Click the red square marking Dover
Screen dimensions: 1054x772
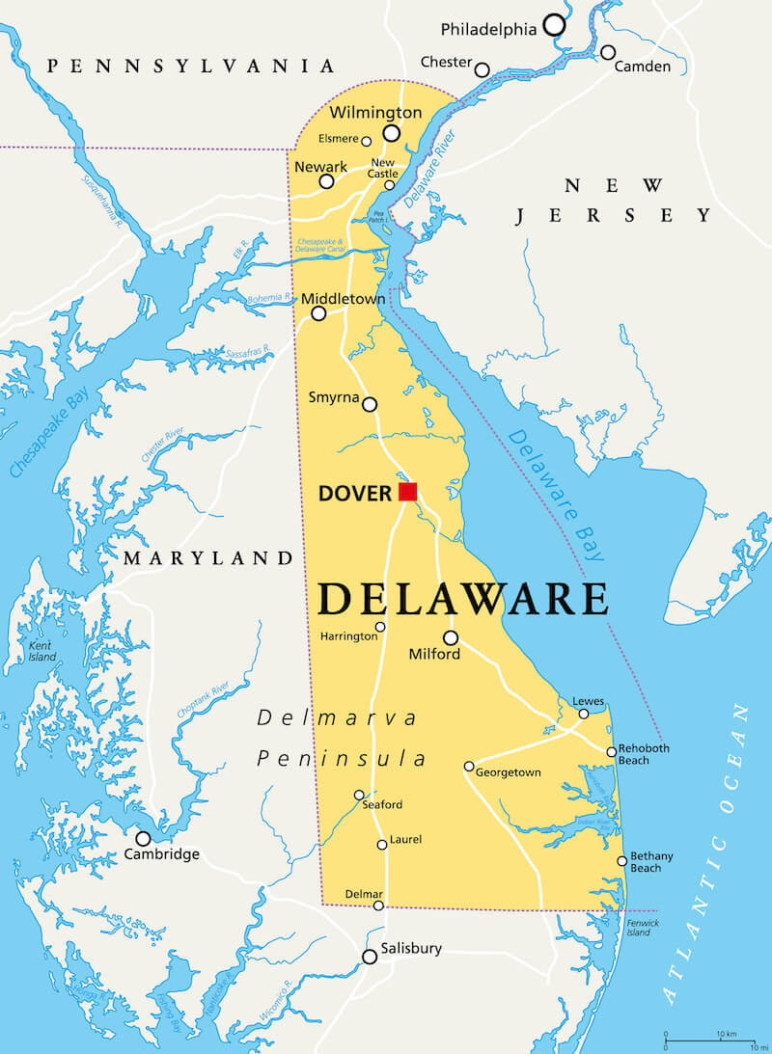point(407,492)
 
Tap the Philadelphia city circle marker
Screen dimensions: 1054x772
point(554,25)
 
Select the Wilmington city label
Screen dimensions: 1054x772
point(375,113)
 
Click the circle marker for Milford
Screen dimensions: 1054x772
point(451,637)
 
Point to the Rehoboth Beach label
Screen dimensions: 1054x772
point(644,754)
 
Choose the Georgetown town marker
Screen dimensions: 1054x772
point(469,767)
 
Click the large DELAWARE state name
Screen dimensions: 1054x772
point(463,599)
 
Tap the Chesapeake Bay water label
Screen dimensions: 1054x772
point(45,423)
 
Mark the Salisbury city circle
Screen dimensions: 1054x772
point(370,957)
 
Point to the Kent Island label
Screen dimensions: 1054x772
point(41,651)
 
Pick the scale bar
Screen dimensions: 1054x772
point(715,1040)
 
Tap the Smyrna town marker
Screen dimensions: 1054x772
point(370,405)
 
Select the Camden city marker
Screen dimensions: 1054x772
point(608,52)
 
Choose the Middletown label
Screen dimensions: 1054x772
point(343,299)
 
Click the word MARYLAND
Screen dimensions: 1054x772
point(207,558)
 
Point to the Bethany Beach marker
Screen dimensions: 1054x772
point(622,861)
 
